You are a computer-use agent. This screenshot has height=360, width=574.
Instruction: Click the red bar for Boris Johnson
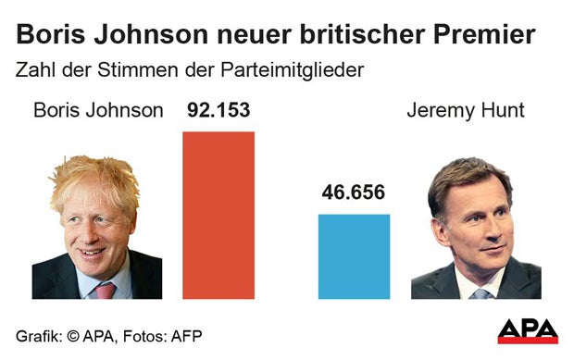(218, 215)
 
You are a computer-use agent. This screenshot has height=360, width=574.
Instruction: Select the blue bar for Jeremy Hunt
(354, 256)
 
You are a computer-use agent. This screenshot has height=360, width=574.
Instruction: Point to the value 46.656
(354, 193)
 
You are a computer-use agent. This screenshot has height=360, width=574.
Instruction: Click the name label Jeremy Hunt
(465, 111)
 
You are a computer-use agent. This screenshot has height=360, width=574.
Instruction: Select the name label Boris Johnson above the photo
(98, 111)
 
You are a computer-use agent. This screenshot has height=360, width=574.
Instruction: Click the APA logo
(527, 330)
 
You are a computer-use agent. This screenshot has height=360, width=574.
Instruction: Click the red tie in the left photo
(106, 290)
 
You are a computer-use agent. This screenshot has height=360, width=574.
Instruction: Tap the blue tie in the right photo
(480, 293)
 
